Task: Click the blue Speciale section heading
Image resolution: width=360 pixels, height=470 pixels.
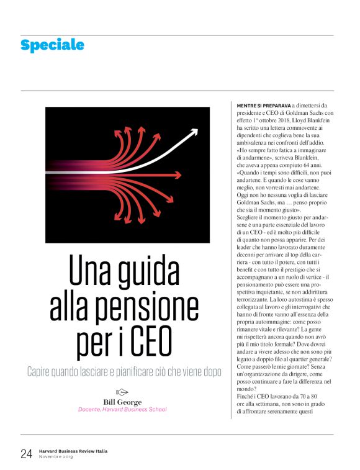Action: pos(52,45)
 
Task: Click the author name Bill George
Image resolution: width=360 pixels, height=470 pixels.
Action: pos(122,402)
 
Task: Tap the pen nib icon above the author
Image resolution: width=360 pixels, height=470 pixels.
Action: pos(122,391)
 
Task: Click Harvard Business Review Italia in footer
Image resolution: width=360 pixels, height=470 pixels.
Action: pos(73,451)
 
